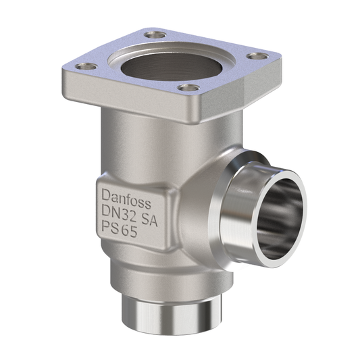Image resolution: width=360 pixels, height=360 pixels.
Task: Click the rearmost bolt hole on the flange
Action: [156, 34]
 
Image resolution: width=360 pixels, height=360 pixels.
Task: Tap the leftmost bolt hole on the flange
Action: [85, 66]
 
